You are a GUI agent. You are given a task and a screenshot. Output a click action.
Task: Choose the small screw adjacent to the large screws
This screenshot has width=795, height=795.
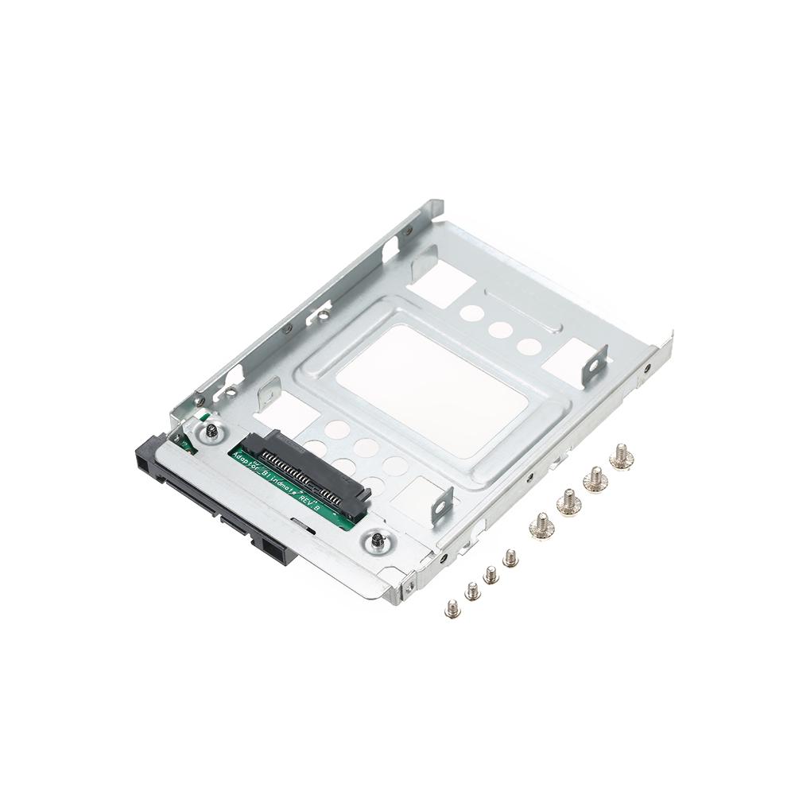510,558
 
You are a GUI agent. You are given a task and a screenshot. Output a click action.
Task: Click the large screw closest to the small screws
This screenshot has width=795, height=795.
541,525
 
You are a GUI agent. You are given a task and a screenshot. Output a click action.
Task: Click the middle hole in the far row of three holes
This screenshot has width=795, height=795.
499,329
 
